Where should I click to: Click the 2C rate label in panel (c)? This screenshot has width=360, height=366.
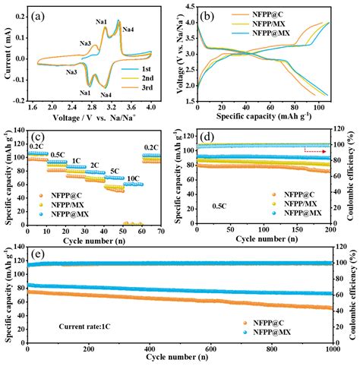click(x=94, y=164)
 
